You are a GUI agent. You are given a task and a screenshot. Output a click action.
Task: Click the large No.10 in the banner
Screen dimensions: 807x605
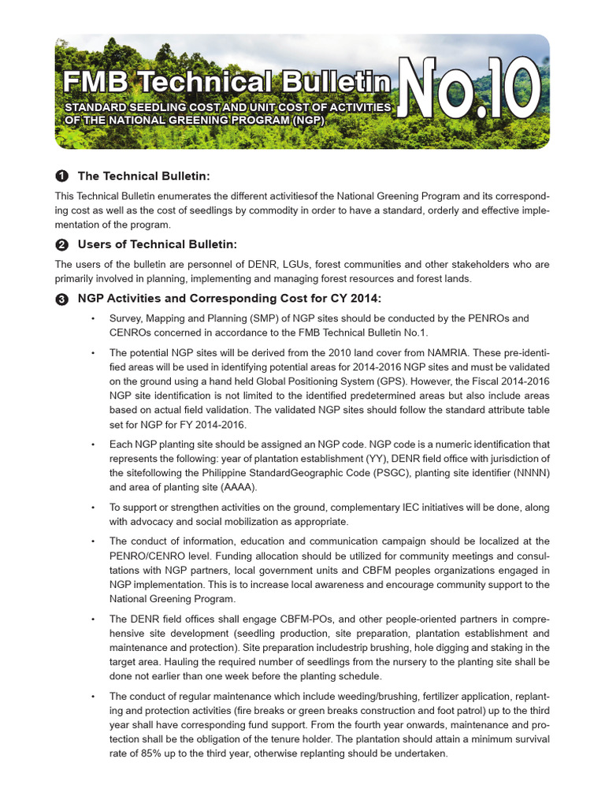coord(470,93)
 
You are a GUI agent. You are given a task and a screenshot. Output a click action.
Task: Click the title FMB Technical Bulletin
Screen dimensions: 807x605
coord(227,82)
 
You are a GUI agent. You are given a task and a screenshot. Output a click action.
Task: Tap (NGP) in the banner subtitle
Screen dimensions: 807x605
coord(306,119)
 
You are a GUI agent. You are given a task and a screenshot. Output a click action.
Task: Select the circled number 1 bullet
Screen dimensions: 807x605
coord(61,175)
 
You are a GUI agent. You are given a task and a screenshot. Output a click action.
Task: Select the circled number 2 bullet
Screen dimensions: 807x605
coord(61,244)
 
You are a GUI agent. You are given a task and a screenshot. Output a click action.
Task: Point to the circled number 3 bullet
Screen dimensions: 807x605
coord(61,299)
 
